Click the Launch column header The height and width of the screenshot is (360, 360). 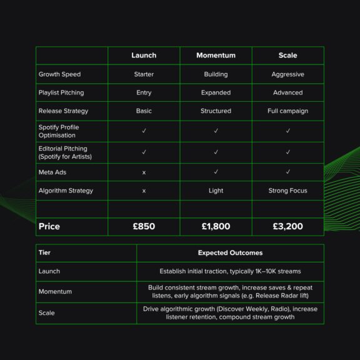[144, 55]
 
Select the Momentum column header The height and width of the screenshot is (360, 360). [216, 55]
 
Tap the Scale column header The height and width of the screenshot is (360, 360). [287, 55]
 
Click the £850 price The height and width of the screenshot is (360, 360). [144, 226]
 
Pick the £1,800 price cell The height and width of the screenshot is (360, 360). [216, 226]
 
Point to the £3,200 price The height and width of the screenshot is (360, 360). [287, 226]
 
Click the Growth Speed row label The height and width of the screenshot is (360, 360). [59, 74]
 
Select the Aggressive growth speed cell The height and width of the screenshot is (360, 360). [287, 74]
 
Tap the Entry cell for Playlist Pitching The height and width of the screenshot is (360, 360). [144, 92]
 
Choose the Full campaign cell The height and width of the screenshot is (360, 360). [287, 111]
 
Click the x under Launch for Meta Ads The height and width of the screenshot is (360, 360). [144, 172]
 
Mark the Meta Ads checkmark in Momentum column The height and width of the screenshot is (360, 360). [216, 172]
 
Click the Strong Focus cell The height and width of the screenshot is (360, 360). [287, 191]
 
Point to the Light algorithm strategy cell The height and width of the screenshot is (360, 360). [216, 191]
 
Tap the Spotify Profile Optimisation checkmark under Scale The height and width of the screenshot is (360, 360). [287, 131]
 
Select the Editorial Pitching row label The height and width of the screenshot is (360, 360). [65, 152]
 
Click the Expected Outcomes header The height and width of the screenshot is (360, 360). [230, 253]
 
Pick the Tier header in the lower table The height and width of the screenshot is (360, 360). [44, 253]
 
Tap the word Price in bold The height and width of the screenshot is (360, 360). [49, 226]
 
